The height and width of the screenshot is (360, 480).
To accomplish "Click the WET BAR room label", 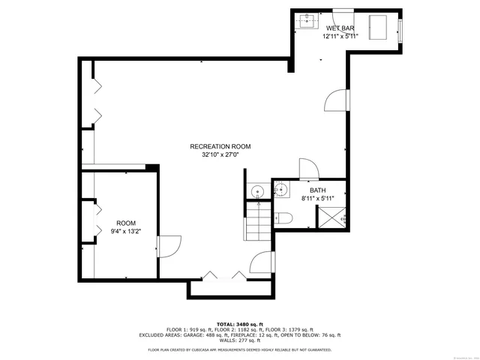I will [340, 28].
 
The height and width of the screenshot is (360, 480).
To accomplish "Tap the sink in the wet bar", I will [307, 21].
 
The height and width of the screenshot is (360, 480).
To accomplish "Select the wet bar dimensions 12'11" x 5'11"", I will [340, 36].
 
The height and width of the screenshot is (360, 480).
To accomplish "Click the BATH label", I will [318, 190].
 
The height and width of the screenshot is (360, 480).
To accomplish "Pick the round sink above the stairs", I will [256, 191].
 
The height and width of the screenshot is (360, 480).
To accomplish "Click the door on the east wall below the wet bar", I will [337, 100].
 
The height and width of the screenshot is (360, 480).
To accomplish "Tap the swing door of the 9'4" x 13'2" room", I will [166, 247].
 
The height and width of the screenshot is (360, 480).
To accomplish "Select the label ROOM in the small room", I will [126, 223].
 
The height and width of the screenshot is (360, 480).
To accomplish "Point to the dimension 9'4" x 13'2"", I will [126, 232].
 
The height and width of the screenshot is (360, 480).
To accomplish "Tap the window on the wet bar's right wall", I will [400, 29].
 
